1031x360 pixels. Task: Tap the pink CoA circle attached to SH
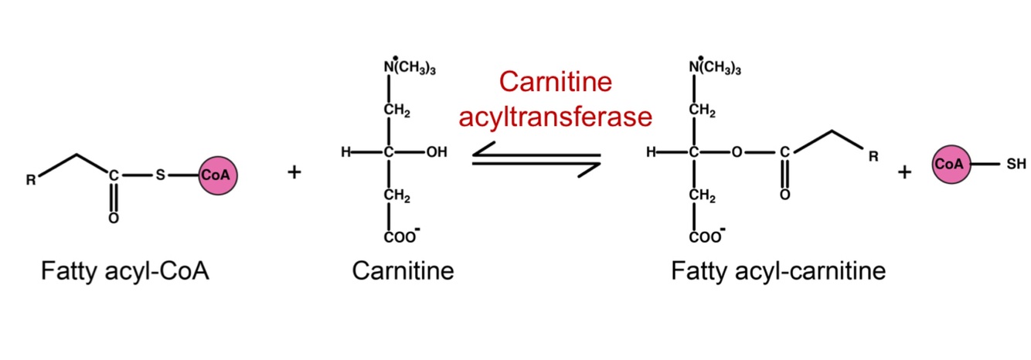tap(950, 165)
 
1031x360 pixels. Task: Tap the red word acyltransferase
tap(556, 117)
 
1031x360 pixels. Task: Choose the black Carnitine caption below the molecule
tap(403, 271)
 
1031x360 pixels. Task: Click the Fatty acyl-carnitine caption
tap(778, 271)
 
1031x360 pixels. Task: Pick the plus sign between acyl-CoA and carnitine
tap(294, 172)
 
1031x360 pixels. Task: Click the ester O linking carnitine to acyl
tap(737, 153)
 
